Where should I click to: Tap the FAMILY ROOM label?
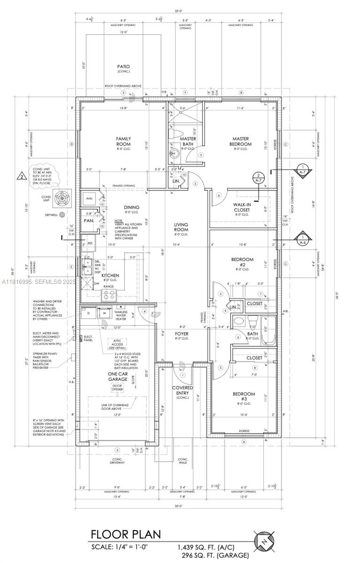(123, 141)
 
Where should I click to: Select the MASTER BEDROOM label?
(241, 141)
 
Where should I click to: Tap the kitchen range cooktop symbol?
(109, 295)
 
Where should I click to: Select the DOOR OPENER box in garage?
(117, 388)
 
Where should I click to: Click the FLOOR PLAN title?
(125, 534)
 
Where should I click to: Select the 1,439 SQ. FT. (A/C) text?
(206, 547)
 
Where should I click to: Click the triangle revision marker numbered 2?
(22, 176)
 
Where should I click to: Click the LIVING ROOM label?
(181, 228)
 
